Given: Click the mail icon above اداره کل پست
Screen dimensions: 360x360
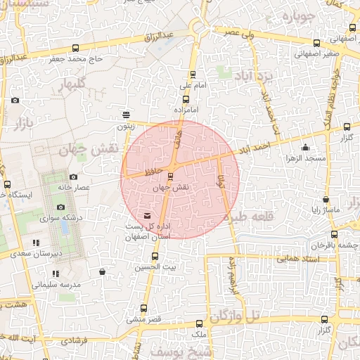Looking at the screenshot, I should (147, 215).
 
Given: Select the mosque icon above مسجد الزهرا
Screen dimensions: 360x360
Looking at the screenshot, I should (306, 148).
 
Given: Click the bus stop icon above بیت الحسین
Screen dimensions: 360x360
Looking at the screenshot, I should (155, 255).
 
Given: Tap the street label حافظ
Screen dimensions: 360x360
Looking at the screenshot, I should (155, 172).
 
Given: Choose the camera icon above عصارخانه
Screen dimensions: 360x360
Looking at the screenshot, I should (74, 177).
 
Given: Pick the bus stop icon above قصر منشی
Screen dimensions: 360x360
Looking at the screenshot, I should (144, 308).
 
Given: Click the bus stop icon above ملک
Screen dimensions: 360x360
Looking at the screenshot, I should (199, 323).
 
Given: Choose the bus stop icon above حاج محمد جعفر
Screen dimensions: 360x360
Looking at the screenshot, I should (75, 48).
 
